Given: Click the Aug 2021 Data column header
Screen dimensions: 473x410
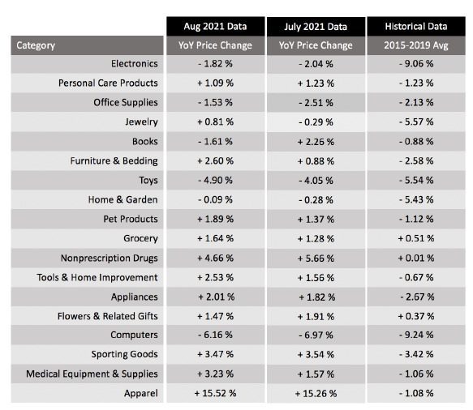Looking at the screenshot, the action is pos(215,27).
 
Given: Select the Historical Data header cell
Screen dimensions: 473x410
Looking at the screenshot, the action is pos(416,27).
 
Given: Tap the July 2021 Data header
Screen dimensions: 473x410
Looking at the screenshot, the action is pos(316,27).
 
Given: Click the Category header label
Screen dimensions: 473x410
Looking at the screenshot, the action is pos(36,45).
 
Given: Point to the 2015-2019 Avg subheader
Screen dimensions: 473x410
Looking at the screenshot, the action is pos(416,45).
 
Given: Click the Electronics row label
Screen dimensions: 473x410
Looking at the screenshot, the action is pos(134,63).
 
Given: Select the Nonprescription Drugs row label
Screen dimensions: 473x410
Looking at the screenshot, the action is pos(110,258).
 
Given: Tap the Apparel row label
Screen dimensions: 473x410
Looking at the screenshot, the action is pos(141,394).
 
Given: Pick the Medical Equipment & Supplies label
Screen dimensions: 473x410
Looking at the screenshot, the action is pos(92,374).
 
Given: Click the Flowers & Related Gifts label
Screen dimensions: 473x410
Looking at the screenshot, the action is pos(108,316).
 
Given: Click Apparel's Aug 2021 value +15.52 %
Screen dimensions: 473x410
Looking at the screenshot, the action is pos(215,394).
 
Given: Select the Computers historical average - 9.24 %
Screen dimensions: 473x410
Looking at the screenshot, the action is pos(416,335).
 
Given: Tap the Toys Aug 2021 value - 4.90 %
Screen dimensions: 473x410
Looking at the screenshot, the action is pos(215,181).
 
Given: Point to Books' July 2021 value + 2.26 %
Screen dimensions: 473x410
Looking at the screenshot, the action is pos(316,142).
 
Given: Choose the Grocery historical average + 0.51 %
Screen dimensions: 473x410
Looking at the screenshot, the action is pos(416,238).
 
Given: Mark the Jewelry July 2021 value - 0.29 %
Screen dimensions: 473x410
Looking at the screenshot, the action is pos(316,122).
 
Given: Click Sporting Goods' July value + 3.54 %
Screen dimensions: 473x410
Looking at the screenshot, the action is pos(316,355).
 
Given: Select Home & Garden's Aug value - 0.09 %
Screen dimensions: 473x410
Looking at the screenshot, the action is pos(215,199).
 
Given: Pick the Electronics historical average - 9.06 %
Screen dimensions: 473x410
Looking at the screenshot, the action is pos(416,64).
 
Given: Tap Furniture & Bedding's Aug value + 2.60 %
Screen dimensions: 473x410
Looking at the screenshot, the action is pos(215,161).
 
